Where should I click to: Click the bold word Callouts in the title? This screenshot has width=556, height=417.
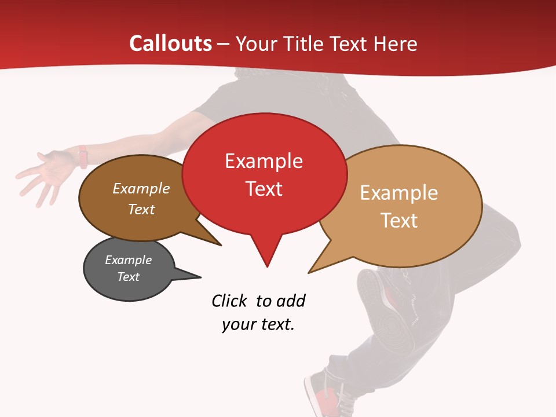click(x=170, y=43)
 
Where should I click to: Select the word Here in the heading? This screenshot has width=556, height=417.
click(x=396, y=43)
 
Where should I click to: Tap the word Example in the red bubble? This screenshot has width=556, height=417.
click(x=264, y=161)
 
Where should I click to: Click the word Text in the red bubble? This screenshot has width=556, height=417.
click(x=264, y=189)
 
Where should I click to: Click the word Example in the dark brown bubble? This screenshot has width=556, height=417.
click(x=141, y=189)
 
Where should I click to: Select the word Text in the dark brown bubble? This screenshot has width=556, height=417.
click(x=141, y=209)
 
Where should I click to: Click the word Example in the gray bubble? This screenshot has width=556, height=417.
click(x=128, y=260)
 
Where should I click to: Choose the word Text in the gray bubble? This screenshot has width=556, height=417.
click(x=128, y=277)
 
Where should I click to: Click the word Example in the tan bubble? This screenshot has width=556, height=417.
click(x=399, y=193)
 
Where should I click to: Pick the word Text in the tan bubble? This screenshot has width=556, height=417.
click(x=399, y=221)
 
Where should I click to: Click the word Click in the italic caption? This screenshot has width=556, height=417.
click(x=230, y=301)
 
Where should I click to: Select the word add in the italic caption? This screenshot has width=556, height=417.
click(x=291, y=301)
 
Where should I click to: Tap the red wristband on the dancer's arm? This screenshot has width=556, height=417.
click(x=83, y=156)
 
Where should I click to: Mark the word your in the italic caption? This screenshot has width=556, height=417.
click(x=238, y=324)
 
